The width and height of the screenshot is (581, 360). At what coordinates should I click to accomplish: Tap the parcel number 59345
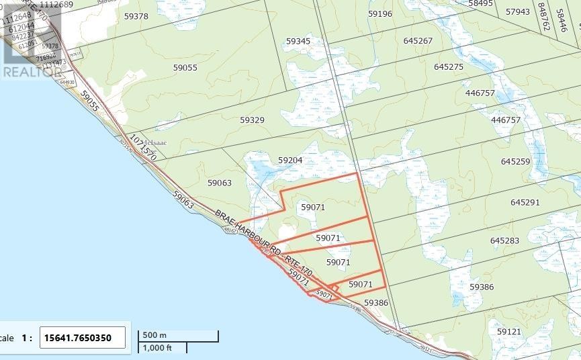point(298,42)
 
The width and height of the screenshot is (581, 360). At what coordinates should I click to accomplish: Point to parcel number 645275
point(449,67)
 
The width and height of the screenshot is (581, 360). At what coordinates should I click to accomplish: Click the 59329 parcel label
point(253,120)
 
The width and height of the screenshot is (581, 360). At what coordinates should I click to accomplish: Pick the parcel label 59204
point(290,161)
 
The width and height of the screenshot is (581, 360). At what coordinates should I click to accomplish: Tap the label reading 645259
point(516,162)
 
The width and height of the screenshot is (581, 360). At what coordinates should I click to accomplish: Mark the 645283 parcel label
point(504,240)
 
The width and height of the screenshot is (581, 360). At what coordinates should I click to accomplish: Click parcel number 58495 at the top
point(481,3)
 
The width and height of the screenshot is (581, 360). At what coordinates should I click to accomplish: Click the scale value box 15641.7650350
point(83,337)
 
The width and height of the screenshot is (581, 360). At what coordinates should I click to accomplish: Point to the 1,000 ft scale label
point(156,347)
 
